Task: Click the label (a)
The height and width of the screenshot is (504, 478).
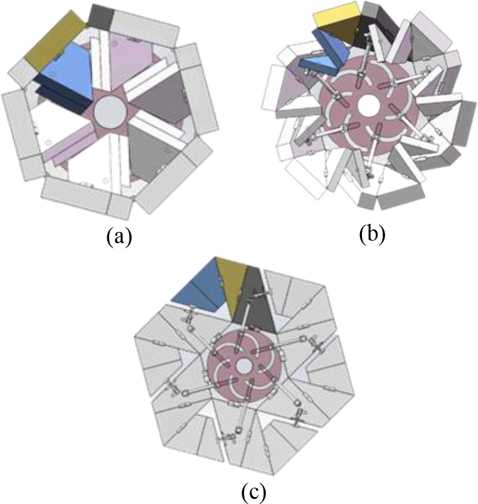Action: point(119,237)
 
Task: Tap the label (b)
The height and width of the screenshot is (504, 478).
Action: point(372,234)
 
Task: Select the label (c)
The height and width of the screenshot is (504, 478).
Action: point(253,491)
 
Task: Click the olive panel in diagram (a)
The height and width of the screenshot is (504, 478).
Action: point(55,41)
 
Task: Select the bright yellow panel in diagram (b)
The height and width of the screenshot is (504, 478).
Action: point(337,15)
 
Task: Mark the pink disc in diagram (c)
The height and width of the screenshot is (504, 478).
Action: point(243,366)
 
